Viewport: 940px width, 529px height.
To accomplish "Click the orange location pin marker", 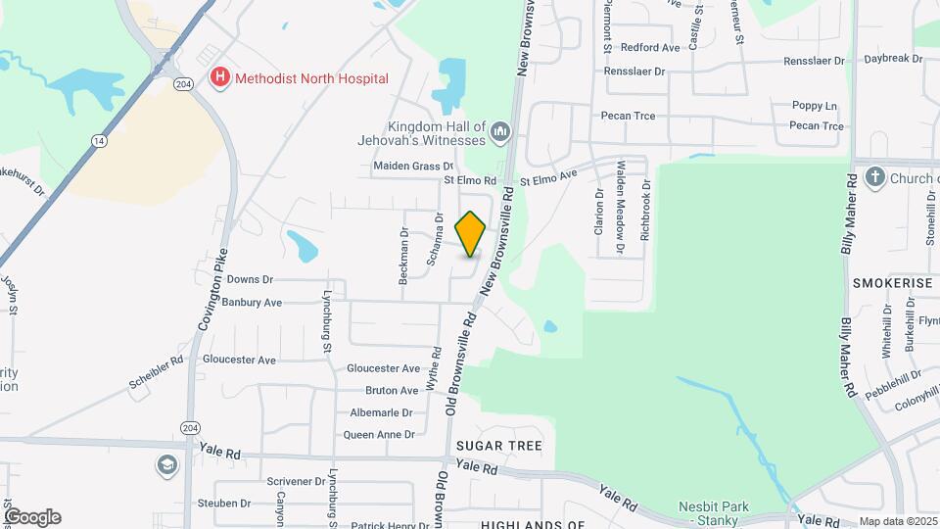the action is tap(471, 234).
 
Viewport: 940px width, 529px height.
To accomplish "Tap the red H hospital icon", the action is tap(219, 77).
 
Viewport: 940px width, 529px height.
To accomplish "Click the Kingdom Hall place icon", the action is tap(501, 131).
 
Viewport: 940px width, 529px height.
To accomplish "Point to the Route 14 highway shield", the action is tap(98, 141).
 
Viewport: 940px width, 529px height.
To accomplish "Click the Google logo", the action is tap(32, 516).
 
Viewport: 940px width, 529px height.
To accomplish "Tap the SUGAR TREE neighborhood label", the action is tap(498, 446).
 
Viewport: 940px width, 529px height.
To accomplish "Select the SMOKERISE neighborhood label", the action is tap(892, 282).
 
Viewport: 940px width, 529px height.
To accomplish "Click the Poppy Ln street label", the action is tap(816, 106).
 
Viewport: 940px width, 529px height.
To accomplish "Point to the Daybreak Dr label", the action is tap(894, 59).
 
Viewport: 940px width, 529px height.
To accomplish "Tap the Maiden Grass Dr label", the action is tap(413, 167).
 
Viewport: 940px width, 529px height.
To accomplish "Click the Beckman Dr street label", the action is tap(403, 257).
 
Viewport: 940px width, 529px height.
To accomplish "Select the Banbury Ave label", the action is tap(252, 303).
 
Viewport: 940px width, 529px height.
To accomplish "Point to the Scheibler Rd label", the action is tap(157, 373).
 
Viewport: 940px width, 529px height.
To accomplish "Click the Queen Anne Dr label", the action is tap(378, 435).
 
